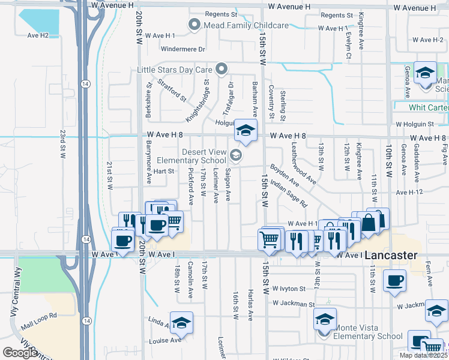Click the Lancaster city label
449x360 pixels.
coord(391,255)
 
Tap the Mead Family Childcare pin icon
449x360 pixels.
coord(194,25)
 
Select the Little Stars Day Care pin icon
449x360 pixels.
coord(221,70)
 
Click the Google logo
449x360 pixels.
coord(20,353)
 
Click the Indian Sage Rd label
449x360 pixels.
coord(288,193)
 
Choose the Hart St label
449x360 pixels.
coord(163,171)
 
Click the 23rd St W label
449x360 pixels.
coord(62,143)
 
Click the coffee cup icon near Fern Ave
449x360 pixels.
coord(394,281)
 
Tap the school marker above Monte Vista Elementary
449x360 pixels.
coord(325,319)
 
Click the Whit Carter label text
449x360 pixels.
coord(428,107)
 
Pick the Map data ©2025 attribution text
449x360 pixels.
coord(423,355)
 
